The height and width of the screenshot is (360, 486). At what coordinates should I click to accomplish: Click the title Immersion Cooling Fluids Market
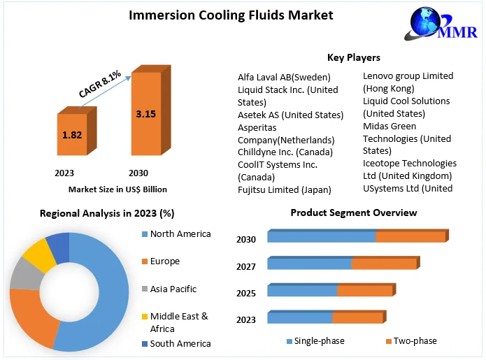click(x=231, y=15)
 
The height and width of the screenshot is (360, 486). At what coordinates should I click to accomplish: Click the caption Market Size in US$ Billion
click(x=117, y=189)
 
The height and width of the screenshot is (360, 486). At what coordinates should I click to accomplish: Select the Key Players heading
click(x=353, y=57)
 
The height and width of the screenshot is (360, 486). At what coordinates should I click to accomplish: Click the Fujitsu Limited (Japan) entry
click(x=284, y=189)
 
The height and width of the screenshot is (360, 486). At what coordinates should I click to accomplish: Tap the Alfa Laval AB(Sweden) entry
click(x=284, y=77)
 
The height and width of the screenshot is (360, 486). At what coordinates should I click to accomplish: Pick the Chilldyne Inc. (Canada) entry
click(x=285, y=152)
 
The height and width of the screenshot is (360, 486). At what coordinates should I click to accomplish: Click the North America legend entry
click(x=180, y=234)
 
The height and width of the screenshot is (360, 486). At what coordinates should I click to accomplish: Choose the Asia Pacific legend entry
click(x=173, y=289)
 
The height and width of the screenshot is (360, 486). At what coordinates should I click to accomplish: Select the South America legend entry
click(x=180, y=343)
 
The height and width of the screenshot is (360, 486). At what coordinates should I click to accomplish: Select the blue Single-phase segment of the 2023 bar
click(x=299, y=318)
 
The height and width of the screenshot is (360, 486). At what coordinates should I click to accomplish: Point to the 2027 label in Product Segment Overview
click(x=246, y=266)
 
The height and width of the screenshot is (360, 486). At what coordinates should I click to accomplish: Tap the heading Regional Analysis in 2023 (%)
click(x=107, y=213)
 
